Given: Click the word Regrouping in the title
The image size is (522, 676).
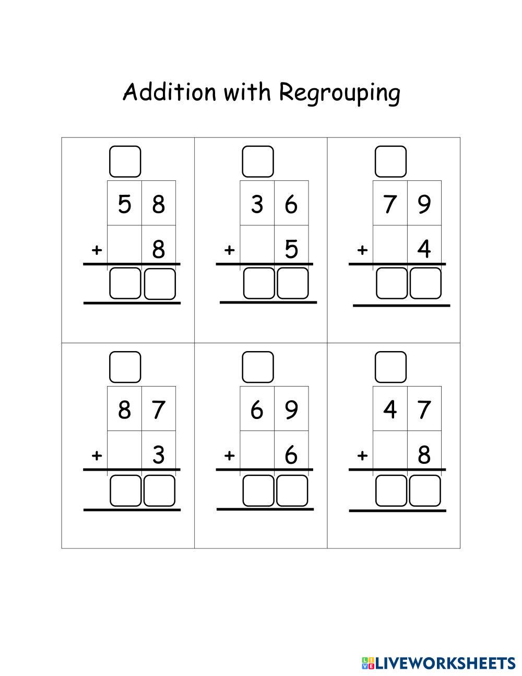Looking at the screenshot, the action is click(x=340, y=94).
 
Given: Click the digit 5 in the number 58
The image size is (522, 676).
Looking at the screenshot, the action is click(x=124, y=204).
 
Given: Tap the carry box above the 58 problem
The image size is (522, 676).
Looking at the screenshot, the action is click(x=125, y=161).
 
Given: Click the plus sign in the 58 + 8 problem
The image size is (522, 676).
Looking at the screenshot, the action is click(x=96, y=250).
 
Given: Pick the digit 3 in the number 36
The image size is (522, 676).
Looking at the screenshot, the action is click(x=257, y=204).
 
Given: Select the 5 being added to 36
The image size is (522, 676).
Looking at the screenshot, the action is click(x=291, y=249).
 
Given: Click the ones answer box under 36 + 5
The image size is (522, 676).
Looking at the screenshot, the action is click(x=292, y=283).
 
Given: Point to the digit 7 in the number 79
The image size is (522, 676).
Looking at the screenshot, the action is click(x=390, y=204).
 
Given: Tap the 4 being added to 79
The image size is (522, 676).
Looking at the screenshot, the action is click(x=424, y=249).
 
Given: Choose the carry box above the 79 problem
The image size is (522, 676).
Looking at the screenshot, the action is click(x=390, y=161).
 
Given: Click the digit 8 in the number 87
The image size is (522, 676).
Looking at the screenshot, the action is click(x=124, y=410).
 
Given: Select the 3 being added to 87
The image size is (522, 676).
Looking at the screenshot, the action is click(x=159, y=455).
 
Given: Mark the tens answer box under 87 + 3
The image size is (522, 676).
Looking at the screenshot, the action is click(x=125, y=490).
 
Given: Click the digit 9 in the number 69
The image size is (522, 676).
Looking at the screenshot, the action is click(x=291, y=410).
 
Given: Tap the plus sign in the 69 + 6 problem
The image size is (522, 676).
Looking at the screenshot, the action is click(x=229, y=456).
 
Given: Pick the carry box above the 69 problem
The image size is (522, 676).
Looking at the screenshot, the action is click(x=258, y=367).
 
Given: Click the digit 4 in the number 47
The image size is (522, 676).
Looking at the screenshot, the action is click(x=390, y=410).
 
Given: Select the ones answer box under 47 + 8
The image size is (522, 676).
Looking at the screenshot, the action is click(x=425, y=490).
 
